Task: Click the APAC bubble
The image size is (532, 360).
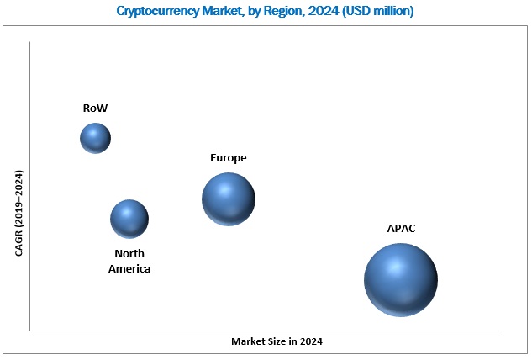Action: click(401, 280)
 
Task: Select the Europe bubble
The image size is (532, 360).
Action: click(229, 199)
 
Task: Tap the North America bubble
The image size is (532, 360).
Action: click(129, 219)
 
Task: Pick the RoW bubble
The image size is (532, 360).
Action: click(95, 138)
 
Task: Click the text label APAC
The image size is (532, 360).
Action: click(401, 229)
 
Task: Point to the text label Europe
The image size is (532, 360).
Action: click(229, 158)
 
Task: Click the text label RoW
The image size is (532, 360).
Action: click(95, 109)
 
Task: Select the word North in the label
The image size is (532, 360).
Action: click(129, 254)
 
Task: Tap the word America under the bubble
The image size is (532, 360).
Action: click(129, 268)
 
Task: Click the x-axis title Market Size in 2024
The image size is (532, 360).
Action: click(277, 342)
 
